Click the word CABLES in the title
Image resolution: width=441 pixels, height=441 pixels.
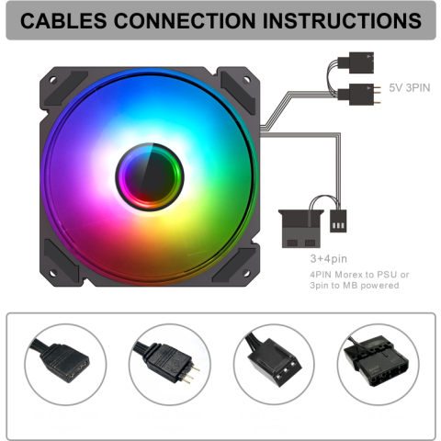click(x=63, y=21)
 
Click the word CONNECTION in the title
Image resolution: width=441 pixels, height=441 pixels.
click(x=185, y=21)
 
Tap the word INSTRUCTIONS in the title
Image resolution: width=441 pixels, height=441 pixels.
click(x=342, y=21)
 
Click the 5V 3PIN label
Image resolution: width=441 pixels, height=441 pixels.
click(x=410, y=88)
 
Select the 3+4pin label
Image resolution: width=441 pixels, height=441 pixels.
click(x=329, y=259)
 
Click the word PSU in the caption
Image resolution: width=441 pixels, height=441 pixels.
click(x=387, y=275)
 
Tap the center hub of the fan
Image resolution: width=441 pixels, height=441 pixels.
click(x=150, y=176)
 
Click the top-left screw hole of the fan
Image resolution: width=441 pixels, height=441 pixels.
click(x=53, y=80)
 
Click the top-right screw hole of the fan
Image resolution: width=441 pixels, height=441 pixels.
click(x=246, y=80)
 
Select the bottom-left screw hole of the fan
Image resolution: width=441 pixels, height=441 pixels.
click(x=53, y=273)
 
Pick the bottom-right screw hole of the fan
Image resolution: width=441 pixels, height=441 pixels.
click(x=246, y=273)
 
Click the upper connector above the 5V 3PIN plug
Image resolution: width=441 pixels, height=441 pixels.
click(x=356, y=62)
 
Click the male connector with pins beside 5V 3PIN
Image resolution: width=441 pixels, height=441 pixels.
click(x=359, y=95)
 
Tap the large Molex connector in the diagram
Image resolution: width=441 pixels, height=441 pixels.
click(x=301, y=229)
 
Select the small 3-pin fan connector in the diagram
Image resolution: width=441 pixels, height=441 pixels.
click(x=338, y=220)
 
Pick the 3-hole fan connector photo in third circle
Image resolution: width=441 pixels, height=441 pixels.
click(x=273, y=361)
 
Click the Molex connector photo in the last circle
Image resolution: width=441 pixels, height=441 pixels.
click(x=376, y=361)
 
